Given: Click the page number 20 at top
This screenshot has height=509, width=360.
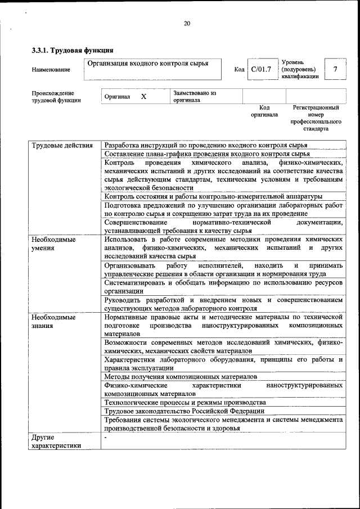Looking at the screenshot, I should click(x=187, y=23).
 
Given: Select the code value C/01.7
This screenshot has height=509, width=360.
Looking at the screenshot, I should click(x=261, y=69).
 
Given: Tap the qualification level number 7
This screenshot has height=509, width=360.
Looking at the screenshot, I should click(x=335, y=69).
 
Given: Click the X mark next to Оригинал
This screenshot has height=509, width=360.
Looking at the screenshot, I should click(x=143, y=97).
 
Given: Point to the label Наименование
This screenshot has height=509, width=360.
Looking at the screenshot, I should click(x=51, y=70).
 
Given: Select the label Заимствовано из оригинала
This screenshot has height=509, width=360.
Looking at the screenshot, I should click(x=195, y=97).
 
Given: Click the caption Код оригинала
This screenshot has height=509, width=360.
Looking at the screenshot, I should click(x=264, y=111).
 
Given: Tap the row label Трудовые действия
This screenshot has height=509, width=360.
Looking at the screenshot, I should click(x=62, y=146).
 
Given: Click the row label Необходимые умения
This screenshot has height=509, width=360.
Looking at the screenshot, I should click(x=54, y=243).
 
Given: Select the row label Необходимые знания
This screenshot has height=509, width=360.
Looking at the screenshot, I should click(x=54, y=321).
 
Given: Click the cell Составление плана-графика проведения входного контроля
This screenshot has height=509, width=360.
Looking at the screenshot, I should click(x=207, y=154).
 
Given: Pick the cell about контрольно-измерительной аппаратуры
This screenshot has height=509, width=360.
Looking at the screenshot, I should click(x=213, y=196).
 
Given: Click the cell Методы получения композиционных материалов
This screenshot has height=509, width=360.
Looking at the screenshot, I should click(x=181, y=376).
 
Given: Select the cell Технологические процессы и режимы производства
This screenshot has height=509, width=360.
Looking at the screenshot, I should click(x=185, y=403).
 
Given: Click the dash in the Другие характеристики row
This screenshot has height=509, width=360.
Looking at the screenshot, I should click(x=105, y=436).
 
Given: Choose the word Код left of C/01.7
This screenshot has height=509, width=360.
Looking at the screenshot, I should click(x=239, y=70).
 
